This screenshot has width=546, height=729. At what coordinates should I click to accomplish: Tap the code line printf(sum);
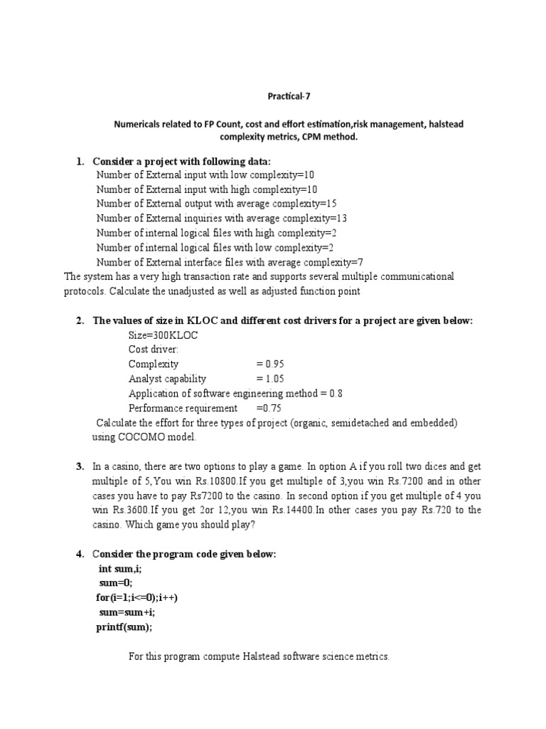point(124,626)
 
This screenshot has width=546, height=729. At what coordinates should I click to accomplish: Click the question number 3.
point(80,466)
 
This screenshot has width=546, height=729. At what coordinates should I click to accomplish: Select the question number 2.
point(80,320)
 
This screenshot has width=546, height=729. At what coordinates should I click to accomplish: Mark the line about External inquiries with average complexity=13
point(221,219)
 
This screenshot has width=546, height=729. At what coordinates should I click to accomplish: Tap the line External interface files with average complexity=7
point(230,262)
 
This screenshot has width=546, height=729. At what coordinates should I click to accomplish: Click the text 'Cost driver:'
point(153,350)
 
